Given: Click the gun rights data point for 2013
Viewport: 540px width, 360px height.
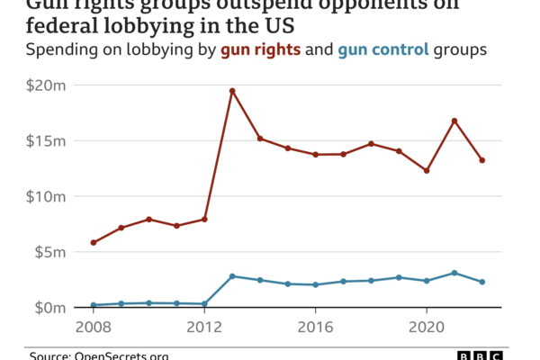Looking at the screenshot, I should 232,91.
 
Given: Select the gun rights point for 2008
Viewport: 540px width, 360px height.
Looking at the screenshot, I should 93,243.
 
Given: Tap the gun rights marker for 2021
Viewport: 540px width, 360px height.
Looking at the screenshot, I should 454,121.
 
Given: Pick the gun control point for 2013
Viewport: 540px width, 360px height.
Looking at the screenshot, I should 232,276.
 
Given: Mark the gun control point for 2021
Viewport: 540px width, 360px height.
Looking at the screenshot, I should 454,273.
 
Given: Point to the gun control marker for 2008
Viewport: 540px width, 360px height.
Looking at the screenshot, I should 93,305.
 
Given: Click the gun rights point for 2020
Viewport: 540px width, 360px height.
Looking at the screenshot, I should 427,170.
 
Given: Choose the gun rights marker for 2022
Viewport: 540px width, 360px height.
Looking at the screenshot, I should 482,160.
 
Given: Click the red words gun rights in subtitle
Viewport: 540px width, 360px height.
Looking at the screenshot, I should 262,49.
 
